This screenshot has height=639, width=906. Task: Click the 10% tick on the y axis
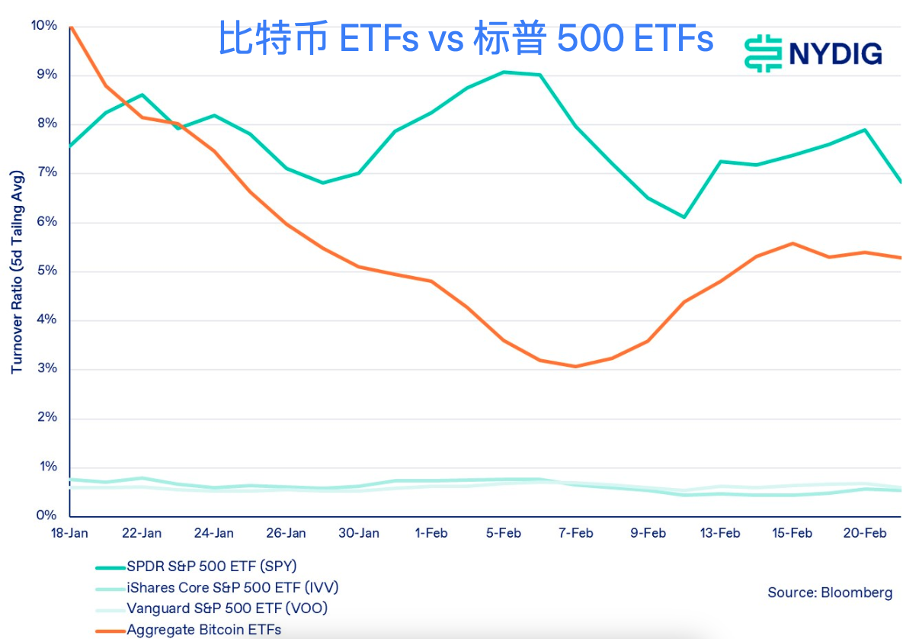pos(44,26)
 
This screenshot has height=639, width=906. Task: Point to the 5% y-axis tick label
pos(47,271)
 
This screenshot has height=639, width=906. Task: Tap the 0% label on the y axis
pos(47,516)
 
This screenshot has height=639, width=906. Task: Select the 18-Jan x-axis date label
pos(69,533)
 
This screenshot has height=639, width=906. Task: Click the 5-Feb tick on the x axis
pos(503,533)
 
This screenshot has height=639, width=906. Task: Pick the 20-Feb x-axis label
pos(865,533)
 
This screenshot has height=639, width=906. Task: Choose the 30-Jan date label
pos(358,533)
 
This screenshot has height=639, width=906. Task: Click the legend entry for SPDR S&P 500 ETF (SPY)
pos(211,567)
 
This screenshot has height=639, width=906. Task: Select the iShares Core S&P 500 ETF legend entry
pos(232,588)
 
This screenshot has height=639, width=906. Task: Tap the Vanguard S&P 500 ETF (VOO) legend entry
pos(227,608)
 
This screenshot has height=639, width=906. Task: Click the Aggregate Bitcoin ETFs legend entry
pos(203,630)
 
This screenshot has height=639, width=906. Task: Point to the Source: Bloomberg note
pos(830,592)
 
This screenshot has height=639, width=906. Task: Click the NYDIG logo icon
pos(764,53)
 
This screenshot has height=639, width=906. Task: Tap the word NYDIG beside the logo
pos(835,54)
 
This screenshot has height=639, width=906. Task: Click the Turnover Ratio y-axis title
pos(17,271)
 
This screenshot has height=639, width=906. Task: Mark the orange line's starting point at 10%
pos(70,27)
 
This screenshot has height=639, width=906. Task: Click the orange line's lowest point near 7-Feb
pos(576,366)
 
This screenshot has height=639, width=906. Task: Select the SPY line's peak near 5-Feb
pos(504,72)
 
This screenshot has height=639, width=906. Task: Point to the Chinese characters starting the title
pos(274,38)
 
